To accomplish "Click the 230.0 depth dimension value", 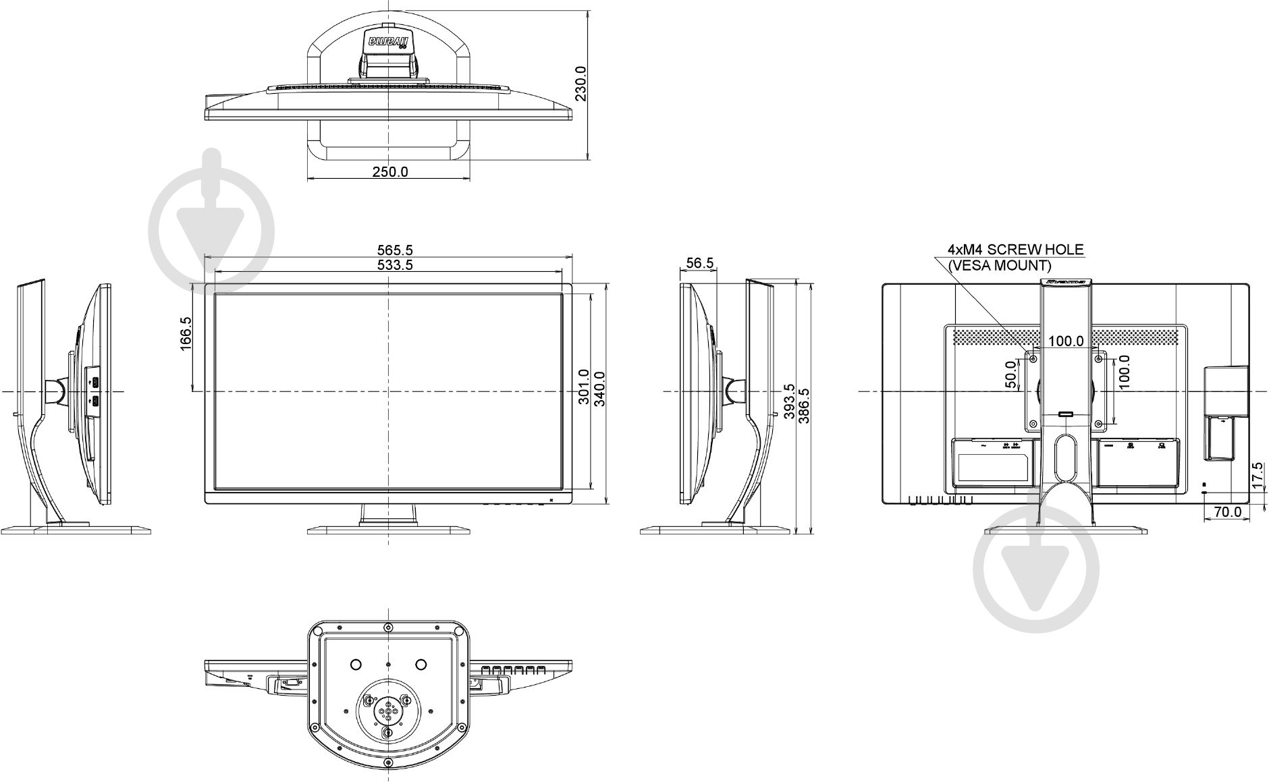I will coord(580,84).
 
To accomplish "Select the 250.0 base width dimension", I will coord(390,171).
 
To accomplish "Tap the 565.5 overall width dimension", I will coord(395,251).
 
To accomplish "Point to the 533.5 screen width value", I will coord(395,265).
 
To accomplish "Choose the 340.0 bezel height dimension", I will coord(599,389).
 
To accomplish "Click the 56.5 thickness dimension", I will coord(699,263).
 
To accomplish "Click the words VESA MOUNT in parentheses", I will coord(1000,265).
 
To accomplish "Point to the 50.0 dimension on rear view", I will coord(1011,374).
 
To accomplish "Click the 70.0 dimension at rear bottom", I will coord(1227,512).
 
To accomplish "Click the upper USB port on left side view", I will coord(95,383).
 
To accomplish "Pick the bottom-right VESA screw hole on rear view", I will coord(1098,424).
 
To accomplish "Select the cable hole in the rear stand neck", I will coord(1064,448).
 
